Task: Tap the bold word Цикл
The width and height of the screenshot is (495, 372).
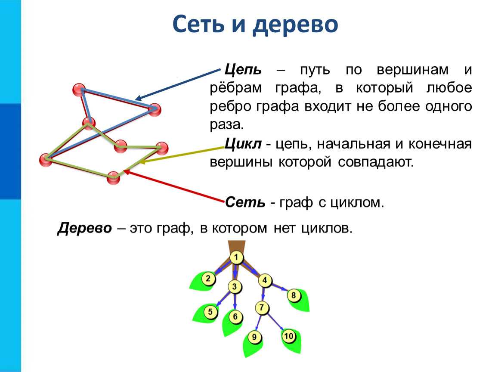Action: pos(243,144)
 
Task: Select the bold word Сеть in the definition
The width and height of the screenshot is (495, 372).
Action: pos(245,202)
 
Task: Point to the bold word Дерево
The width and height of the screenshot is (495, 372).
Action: pos(85,228)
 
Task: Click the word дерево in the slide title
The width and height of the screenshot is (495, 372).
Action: pos(295,25)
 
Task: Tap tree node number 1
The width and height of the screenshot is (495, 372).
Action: pos(236,257)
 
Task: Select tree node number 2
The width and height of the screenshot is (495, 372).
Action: pos(208,279)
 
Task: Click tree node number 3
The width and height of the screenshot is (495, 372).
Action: pos(235,287)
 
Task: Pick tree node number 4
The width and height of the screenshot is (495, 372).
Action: pos(265,280)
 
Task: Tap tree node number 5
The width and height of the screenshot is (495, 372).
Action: pos(210,312)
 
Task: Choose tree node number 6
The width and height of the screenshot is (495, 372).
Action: pos(235,316)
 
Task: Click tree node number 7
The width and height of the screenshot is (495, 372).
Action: pos(262,307)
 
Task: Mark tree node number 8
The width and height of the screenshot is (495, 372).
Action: pos(294,296)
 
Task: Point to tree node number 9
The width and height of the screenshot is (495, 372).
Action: pos(254,337)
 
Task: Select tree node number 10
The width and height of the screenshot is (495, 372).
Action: pos(288,336)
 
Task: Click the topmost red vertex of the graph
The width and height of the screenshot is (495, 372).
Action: pos(79,90)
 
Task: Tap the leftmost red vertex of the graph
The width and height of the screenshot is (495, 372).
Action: pos(46,160)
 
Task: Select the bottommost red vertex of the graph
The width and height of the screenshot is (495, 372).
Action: pos(113,177)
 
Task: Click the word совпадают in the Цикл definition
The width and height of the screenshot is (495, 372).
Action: pos(376,162)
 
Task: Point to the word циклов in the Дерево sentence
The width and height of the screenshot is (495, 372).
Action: pos(326,228)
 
